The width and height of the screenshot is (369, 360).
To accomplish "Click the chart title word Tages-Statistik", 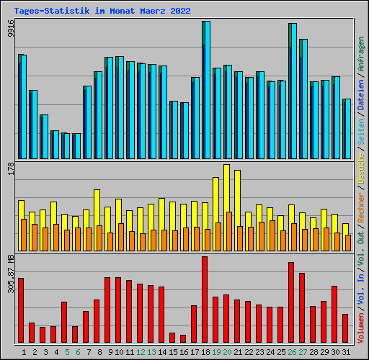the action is (x=52, y=11).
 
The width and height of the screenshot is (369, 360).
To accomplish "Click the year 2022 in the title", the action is (x=180, y=11).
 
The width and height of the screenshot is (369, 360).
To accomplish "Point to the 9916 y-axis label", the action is (x=11, y=28).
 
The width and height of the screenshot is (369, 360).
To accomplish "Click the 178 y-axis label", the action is (x=11, y=168).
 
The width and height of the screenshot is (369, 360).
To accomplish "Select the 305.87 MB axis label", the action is (x=11, y=274).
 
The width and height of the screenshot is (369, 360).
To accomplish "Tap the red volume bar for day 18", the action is (x=205, y=300).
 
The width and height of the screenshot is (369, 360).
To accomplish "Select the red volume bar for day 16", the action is (x=183, y=338).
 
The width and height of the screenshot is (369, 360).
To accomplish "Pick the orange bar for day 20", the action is (x=229, y=231).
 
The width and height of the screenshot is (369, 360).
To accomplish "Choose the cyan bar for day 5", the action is (x=67, y=146).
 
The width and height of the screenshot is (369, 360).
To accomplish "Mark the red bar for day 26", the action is (x=291, y=302).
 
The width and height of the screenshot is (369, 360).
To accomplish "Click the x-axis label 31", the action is (x=346, y=352).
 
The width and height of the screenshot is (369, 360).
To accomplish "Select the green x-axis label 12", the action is (x=141, y=352).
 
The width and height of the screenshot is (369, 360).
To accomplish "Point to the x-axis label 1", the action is (x=24, y=352).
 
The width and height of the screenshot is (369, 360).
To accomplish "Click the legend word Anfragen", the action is (x=361, y=54).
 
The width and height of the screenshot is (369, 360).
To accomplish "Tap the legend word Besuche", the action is (x=361, y=168).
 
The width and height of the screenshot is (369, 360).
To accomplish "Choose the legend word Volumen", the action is (x=361, y=328).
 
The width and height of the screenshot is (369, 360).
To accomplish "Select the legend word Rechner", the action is (x=361, y=207).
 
